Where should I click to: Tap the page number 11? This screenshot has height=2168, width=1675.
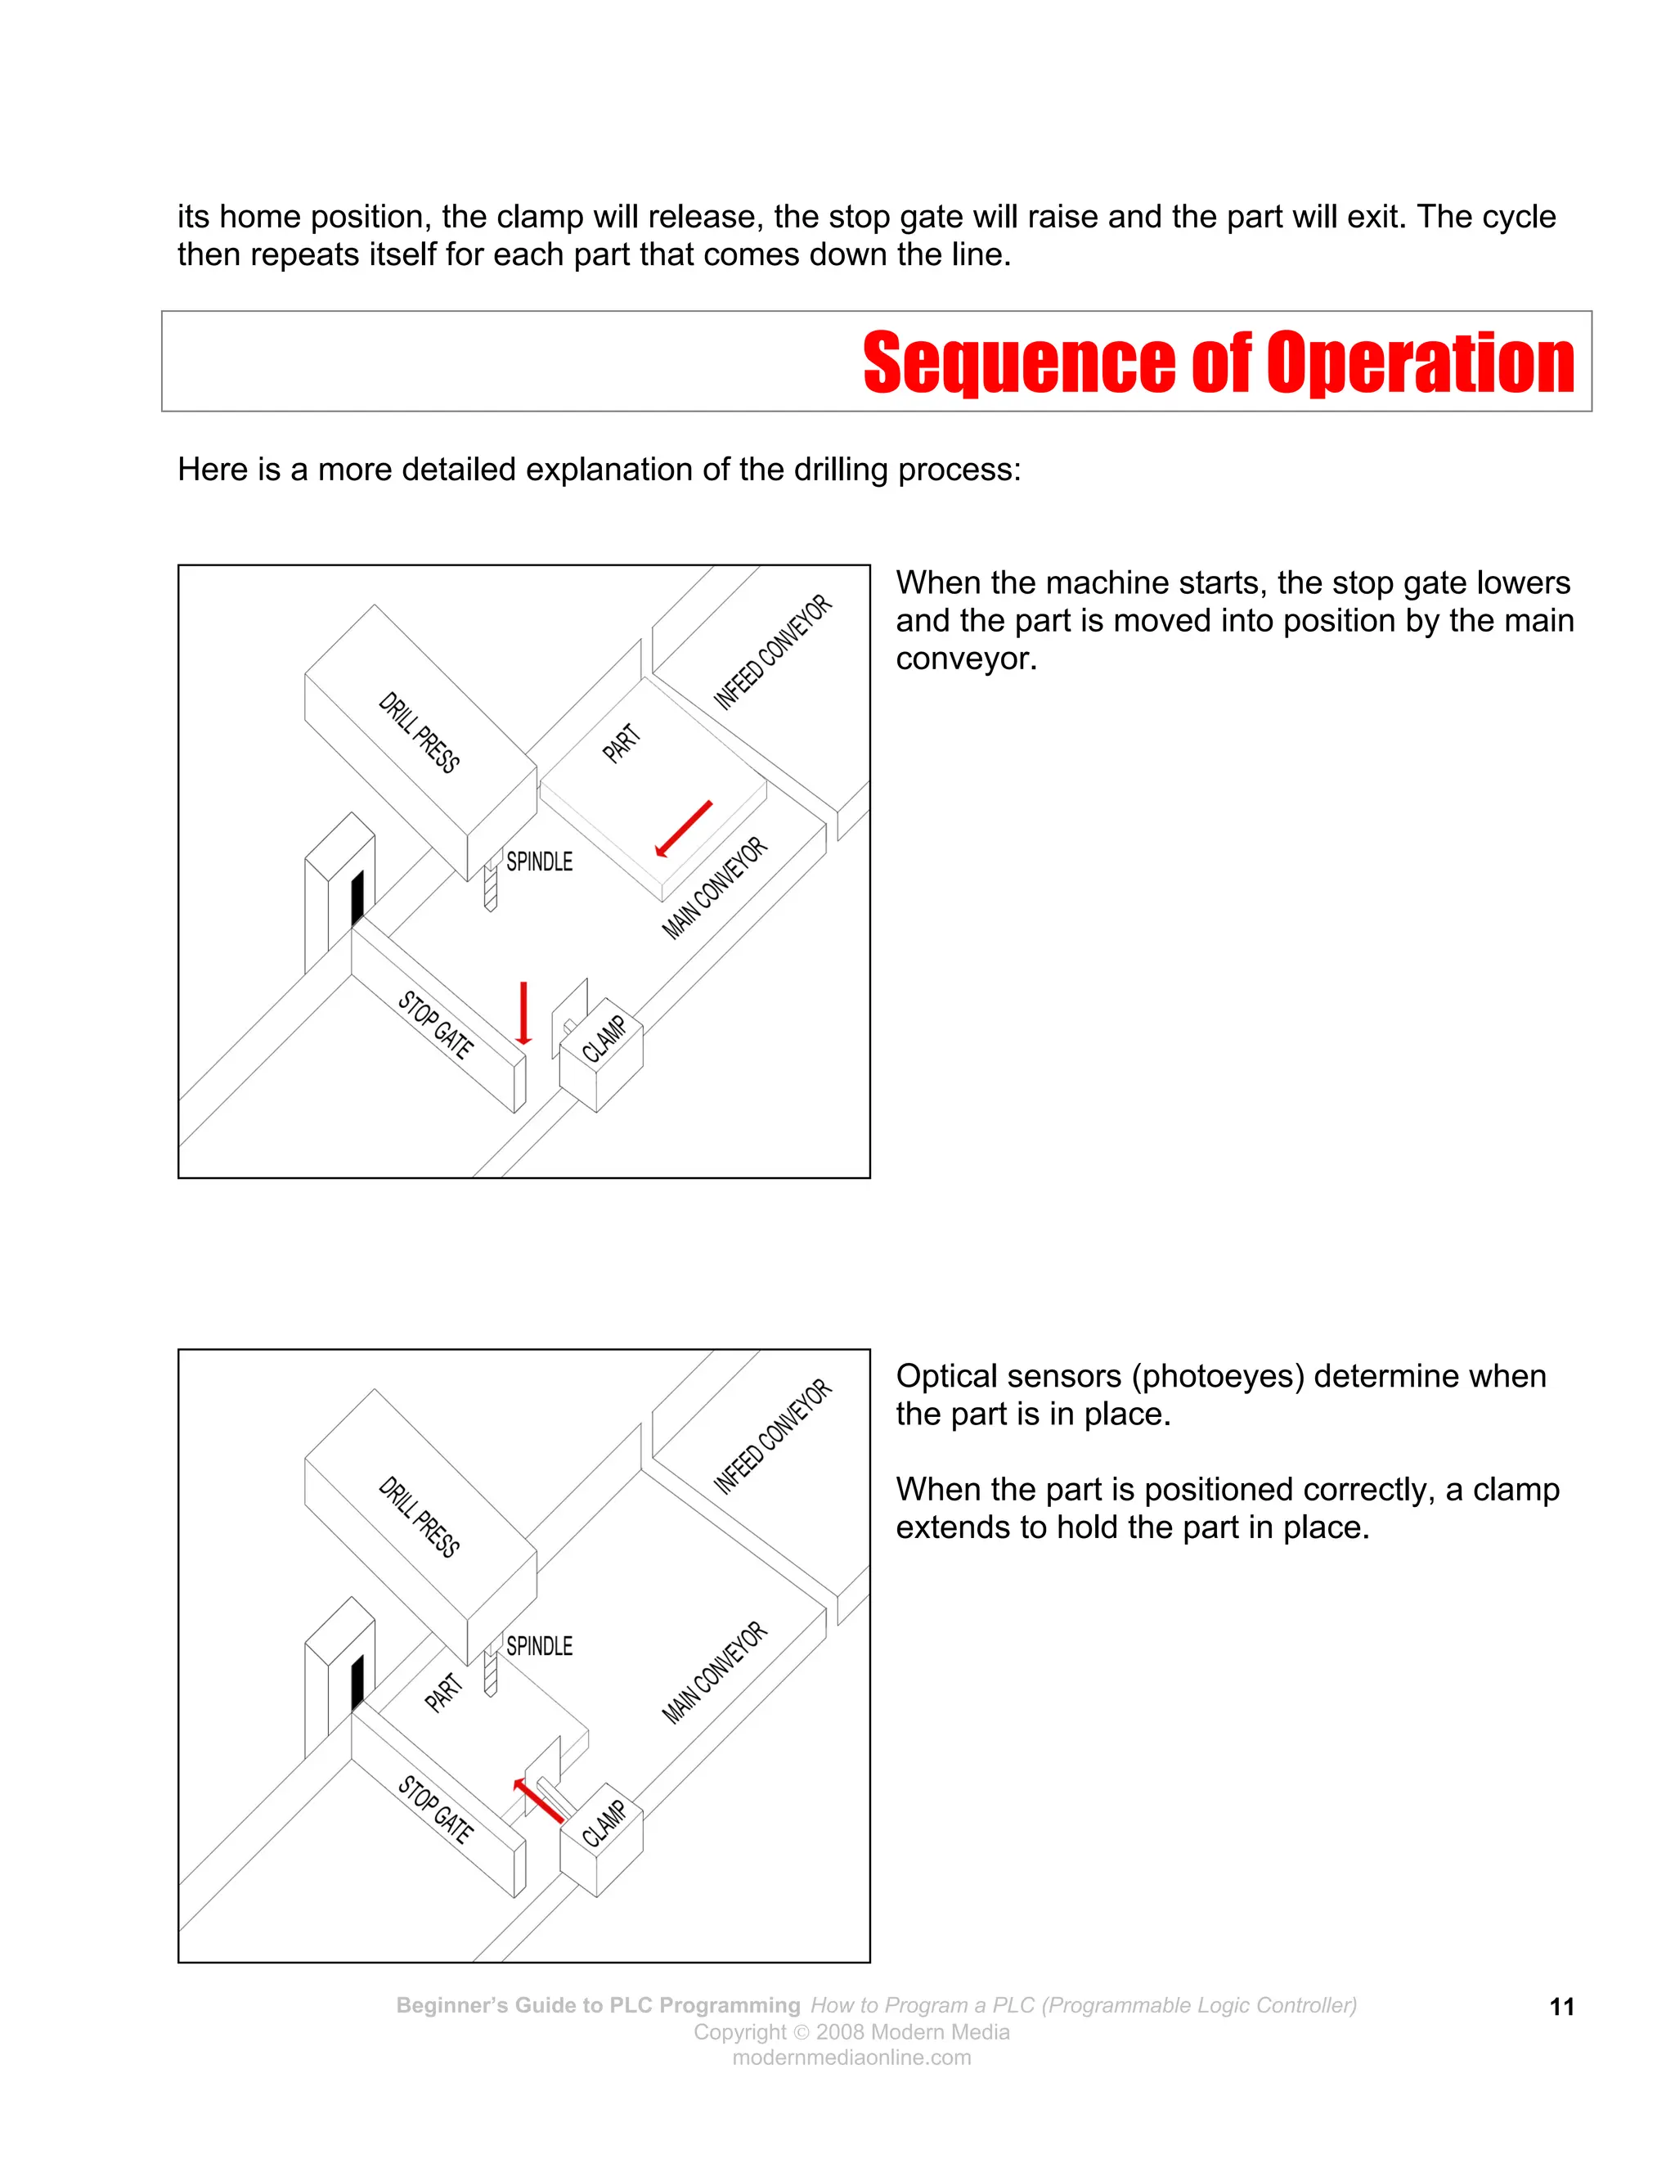pos(1562,2007)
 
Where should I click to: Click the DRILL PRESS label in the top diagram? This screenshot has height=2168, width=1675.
pos(419,731)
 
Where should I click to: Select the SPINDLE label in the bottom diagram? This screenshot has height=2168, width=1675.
pos(539,1646)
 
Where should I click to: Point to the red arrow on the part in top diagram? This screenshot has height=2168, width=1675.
pos(684,828)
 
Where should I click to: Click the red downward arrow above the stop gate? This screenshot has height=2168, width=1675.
pos(524,1013)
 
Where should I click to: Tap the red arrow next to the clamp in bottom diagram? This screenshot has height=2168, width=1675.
pos(539,1801)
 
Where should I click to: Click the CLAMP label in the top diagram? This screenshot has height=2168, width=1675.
pos(604,1038)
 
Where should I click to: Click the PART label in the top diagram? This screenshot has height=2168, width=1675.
pos(622,744)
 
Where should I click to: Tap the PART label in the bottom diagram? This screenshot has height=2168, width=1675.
pos(443,1693)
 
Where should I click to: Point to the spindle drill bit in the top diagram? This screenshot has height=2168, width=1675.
pos(489,887)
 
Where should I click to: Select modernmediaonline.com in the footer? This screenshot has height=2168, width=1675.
pos(851,2058)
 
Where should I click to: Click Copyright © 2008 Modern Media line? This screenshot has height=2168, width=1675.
pos(851,2032)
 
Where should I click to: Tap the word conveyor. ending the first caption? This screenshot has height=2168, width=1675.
pos(966,658)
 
